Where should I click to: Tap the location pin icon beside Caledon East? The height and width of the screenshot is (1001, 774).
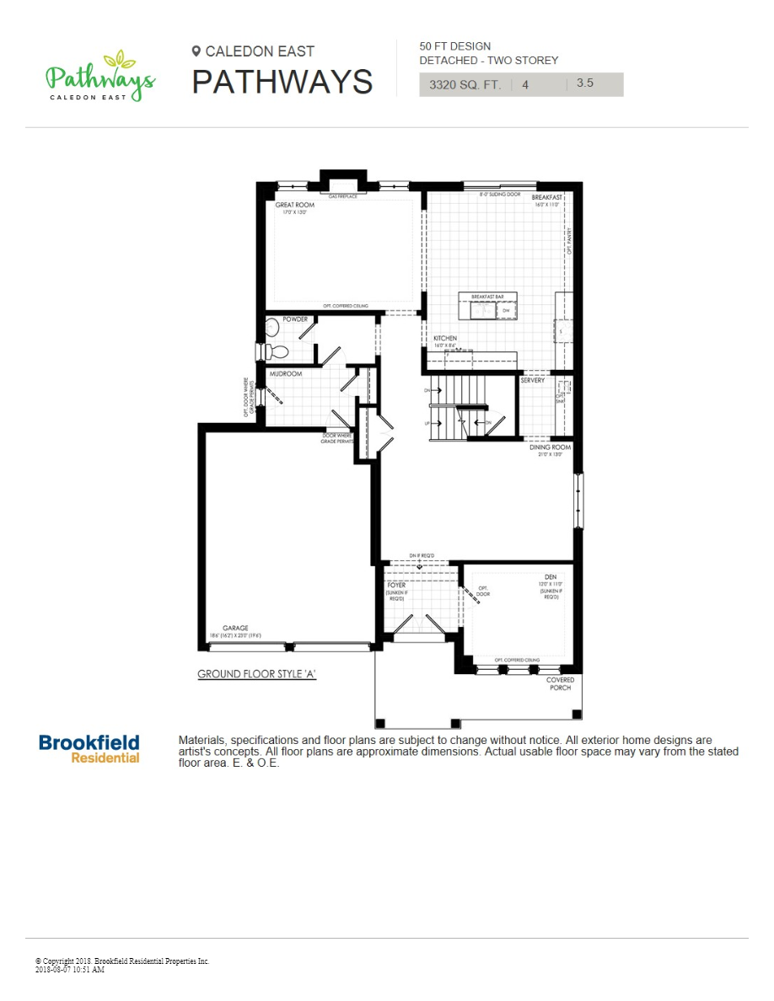click(x=196, y=51)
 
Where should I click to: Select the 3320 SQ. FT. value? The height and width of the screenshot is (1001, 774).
click(x=465, y=84)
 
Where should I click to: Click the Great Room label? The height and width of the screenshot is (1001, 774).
click(x=295, y=205)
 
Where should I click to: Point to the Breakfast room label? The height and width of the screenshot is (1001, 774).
click(x=547, y=197)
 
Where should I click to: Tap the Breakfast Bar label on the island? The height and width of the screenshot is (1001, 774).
click(x=487, y=297)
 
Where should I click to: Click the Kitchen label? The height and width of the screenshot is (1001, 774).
click(x=445, y=338)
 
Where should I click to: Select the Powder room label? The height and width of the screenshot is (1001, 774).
click(x=295, y=319)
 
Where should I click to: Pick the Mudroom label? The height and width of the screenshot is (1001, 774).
click(x=286, y=373)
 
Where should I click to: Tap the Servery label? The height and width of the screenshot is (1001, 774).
click(x=532, y=381)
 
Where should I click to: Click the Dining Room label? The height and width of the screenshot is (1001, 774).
click(x=550, y=447)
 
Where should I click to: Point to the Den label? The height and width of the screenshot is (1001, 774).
click(x=550, y=577)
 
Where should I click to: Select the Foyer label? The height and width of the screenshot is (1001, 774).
click(x=396, y=585)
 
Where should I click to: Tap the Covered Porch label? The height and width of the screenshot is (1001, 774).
click(x=560, y=683)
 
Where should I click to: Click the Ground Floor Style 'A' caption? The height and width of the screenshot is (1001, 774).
click(x=256, y=674)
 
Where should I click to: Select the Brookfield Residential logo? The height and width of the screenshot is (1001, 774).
click(x=89, y=748)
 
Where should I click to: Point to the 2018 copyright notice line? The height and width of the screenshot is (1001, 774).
click(x=122, y=961)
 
